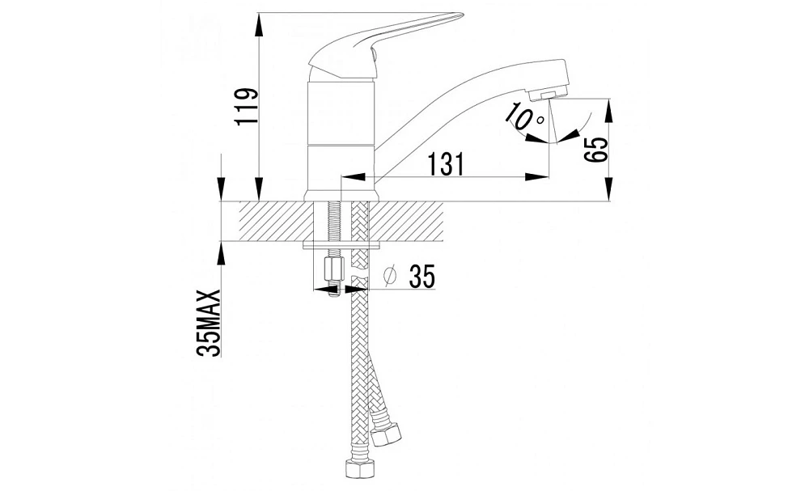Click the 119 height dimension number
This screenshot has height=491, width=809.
[x=245, y=108]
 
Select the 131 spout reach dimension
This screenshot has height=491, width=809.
[x=445, y=164]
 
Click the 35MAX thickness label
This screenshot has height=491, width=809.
[x=209, y=324]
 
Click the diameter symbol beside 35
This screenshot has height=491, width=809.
[x=391, y=277]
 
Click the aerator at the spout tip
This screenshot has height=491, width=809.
[x=548, y=95]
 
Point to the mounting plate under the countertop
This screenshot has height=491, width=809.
[x=342, y=245]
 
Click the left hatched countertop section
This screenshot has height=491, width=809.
[x=276, y=221]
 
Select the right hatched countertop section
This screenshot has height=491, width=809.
[x=407, y=221]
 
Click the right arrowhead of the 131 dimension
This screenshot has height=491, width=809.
[x=537, y=177]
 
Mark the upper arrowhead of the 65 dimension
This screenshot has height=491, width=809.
[x=609, y=111]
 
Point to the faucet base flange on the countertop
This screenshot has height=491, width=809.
[x=341, y=196]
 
